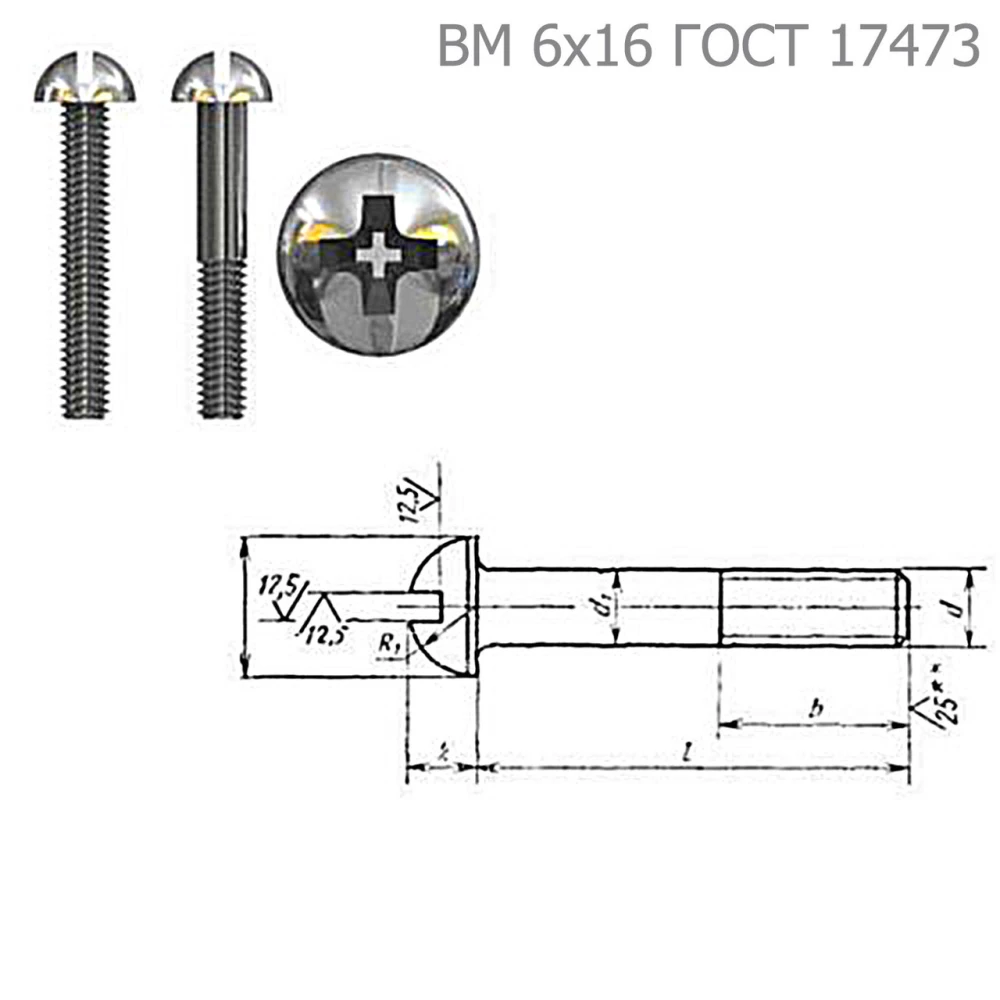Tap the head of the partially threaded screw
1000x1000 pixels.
(x=221, y=80)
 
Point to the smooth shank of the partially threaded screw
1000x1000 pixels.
(x=221, y=180)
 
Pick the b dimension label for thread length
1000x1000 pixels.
(x=816, y=708)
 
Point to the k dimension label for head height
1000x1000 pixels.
(x=441, y=753)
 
